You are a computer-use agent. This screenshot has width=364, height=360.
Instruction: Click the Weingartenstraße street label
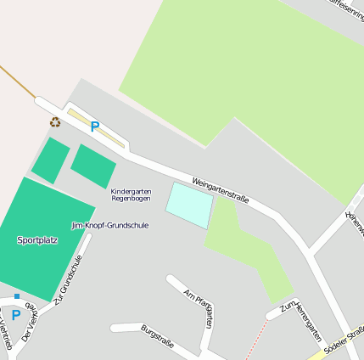click(x=220, y=190)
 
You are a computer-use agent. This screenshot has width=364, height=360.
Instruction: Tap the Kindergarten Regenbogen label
click(x=131, y=194)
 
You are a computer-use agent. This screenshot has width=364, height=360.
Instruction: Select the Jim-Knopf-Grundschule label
click(x=110, y=226)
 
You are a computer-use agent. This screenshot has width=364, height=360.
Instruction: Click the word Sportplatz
click(x=37, y=240)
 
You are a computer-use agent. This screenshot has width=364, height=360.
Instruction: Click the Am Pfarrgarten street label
click(x=198, y=307)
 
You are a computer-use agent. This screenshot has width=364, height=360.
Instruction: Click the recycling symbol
click(x=55, y=122)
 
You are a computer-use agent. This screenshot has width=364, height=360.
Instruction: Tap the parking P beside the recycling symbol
click(x=95, y=127)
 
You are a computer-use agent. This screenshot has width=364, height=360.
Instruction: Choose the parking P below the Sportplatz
click(x=15, y=315)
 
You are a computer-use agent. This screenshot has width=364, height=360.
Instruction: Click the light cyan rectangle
click(x=188, y=205)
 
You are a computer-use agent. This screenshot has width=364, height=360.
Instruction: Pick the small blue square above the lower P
click(x=16, y=296)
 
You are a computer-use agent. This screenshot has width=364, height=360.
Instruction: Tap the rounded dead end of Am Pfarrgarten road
click(x=171, y=279)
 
